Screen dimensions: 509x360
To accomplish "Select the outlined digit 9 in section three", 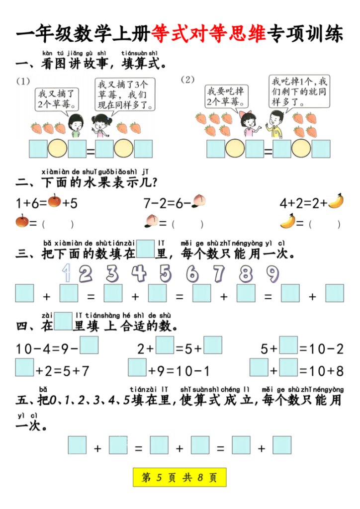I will point(272,273).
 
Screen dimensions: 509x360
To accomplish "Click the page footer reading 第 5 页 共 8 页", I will point(180,478).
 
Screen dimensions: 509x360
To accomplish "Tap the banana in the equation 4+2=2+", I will point(336,201).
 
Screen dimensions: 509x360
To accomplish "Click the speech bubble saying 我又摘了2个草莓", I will point(57,98).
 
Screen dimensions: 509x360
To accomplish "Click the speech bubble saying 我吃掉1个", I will point(299,91).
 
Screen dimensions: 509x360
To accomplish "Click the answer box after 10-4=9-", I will point(89,345).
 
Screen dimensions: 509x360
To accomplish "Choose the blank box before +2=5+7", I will point(24,367).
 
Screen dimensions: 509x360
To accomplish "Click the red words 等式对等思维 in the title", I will point(209,34).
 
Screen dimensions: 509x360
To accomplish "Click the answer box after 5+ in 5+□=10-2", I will point(288,345).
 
